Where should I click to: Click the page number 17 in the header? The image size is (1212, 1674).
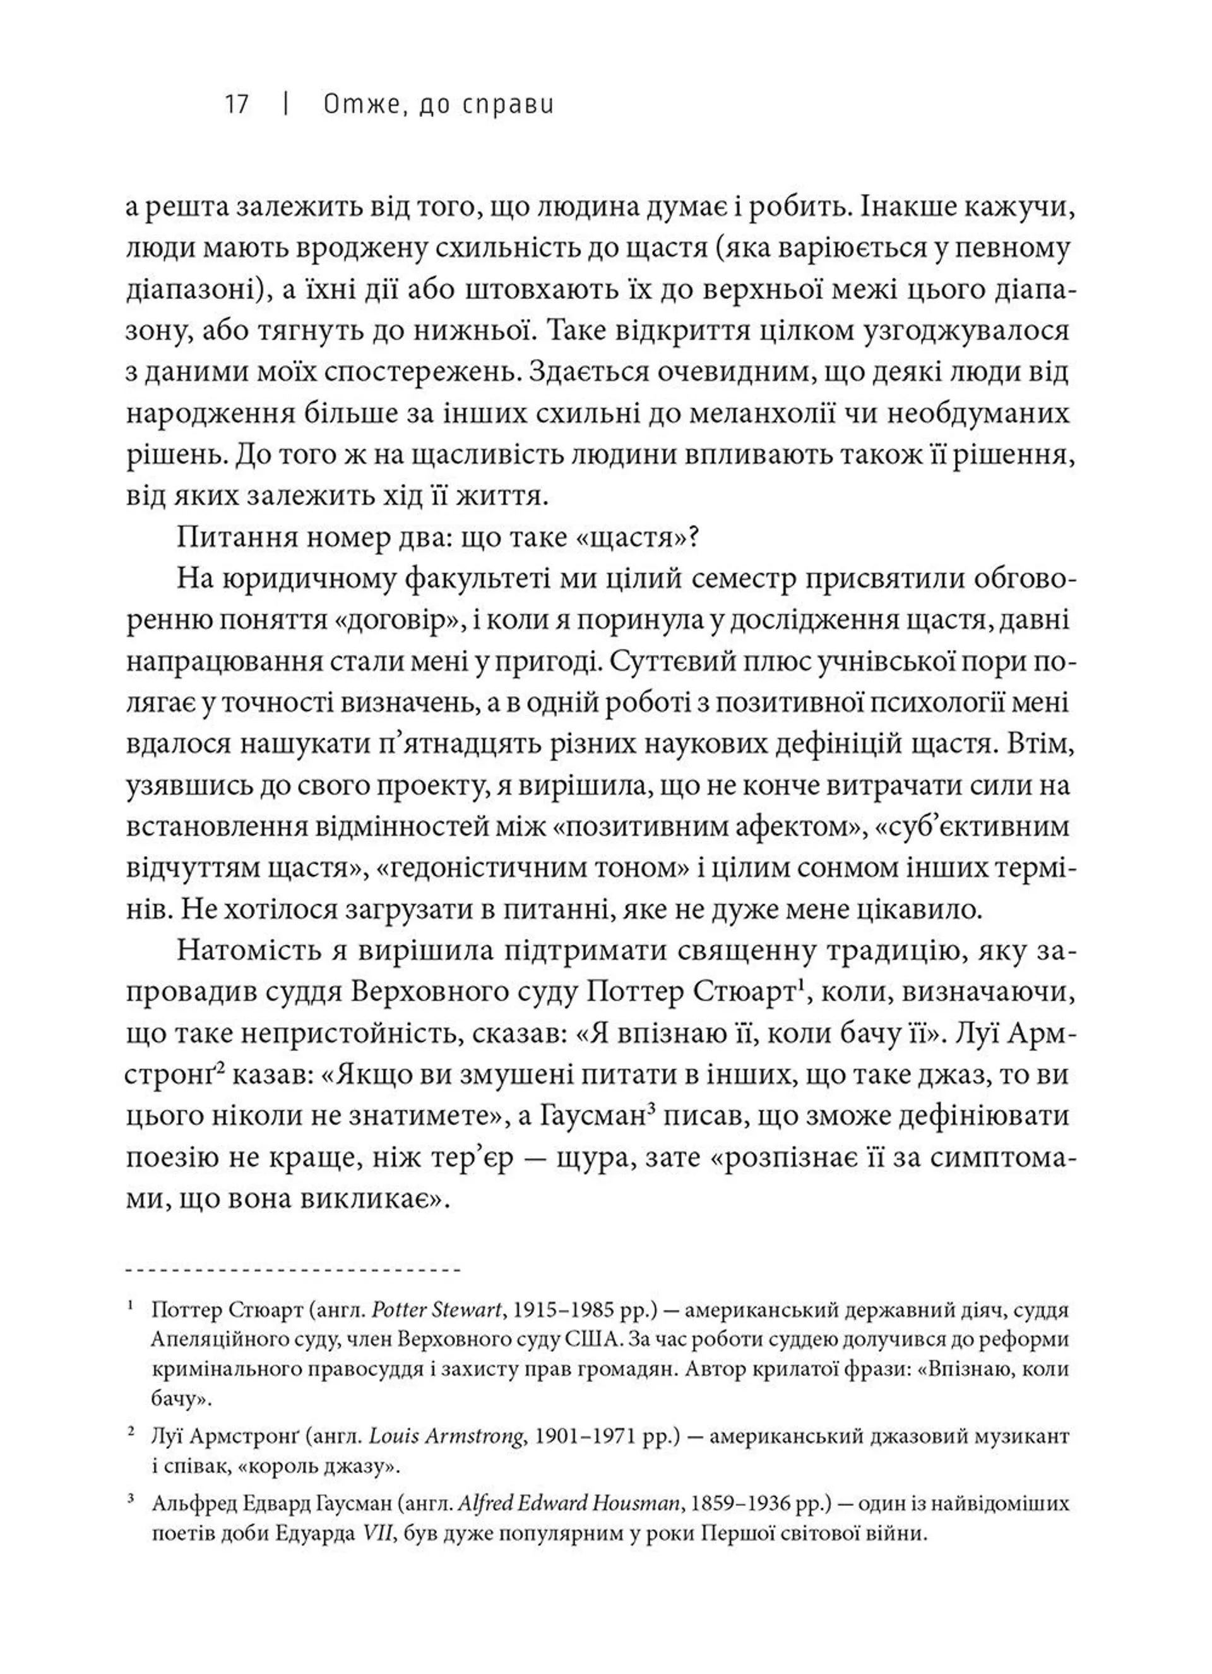click(x=237, y=105)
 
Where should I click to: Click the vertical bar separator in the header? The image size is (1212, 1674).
click(x=285, y=105)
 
